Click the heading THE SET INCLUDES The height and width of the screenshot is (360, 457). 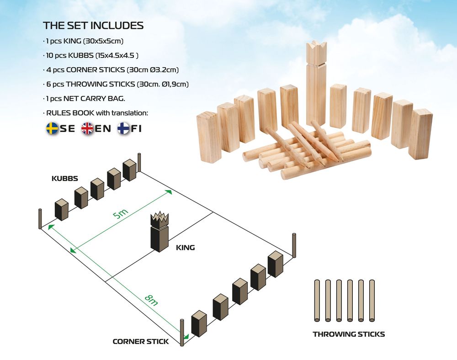(93, 26)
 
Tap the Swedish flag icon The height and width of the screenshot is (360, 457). (52, 128)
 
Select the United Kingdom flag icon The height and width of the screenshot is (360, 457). (87, 128)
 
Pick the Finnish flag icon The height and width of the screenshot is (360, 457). (123, 128)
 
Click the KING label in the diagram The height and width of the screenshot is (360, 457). (186, 248)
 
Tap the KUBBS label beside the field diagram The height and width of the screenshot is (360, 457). (65, 178)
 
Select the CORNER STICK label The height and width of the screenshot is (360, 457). (140, 341)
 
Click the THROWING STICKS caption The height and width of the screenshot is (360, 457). (349, 334)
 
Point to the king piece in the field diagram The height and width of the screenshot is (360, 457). (159, 232)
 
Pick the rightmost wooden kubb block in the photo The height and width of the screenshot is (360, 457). (420, 134)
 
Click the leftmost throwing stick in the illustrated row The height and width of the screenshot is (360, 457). (317, 301)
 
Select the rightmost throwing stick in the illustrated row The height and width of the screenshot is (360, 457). (372, 301)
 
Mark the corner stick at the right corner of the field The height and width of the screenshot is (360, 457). (294, 245)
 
